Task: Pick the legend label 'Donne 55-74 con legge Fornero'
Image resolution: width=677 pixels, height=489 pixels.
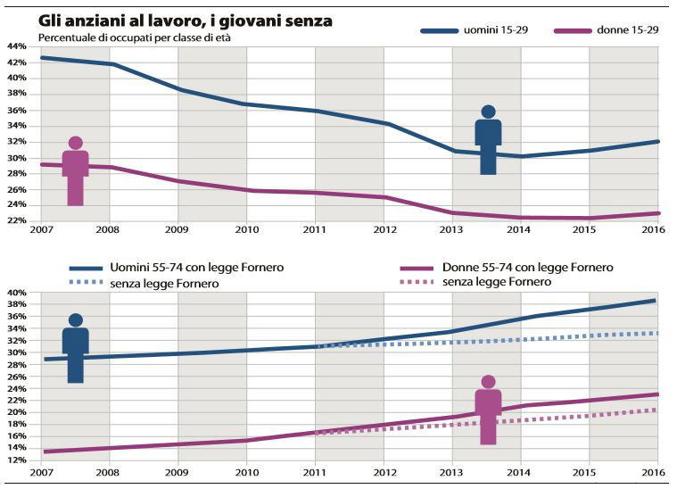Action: [x=527, y=268]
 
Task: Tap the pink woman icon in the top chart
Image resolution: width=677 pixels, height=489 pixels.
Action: [x=76, y=171]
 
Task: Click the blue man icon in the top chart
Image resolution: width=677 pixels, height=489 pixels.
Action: [x=488, y=140]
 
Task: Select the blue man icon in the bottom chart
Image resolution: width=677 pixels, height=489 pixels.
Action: [x=76, y=349]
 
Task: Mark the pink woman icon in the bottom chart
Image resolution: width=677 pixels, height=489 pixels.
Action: [x=488, y=410]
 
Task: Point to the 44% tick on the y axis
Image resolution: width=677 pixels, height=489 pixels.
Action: [x=17, y=46]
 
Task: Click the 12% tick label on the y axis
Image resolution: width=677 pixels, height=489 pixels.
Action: [x=17, y=460]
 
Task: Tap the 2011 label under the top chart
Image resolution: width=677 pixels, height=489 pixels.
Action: [x=316, y=231]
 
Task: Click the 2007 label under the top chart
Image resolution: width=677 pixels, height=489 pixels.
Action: [x=41, y=231]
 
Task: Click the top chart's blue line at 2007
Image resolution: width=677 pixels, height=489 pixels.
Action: [x=42, y=57]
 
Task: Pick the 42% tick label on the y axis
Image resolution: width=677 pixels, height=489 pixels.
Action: [x=17, y=62]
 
